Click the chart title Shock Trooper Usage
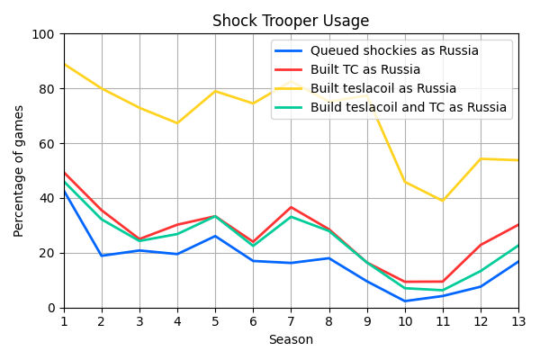coord(291,21)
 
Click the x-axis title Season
coord(291,340)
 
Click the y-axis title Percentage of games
coord(19,171)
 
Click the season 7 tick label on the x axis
coord(291,321)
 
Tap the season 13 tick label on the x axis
coord(518,321)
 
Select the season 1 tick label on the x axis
coord(64,321)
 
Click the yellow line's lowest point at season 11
coord(442,201)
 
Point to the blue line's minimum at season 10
coord(404,301)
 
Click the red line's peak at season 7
coord(291,207)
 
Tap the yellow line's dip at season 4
coord(177,123)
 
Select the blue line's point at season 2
coord(102,256)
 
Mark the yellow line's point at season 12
coord(481,159)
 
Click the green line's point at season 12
coord(481,271)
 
